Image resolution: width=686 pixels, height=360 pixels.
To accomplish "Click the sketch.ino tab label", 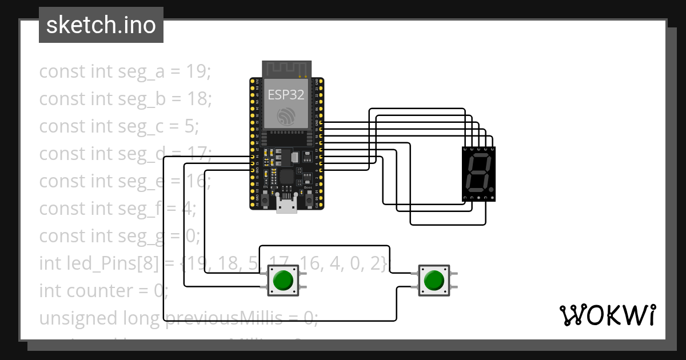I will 101,25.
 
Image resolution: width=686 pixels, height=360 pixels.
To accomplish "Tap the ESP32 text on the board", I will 286,95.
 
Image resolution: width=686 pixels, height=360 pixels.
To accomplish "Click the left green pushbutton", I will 283,281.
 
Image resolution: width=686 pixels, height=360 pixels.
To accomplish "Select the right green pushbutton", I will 434,280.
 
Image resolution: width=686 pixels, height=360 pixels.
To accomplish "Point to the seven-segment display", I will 478,174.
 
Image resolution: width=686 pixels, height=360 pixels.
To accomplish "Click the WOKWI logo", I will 607,315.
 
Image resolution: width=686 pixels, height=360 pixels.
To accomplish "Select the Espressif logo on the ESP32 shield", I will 286,117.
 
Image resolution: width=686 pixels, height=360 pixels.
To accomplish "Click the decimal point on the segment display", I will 491,189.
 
